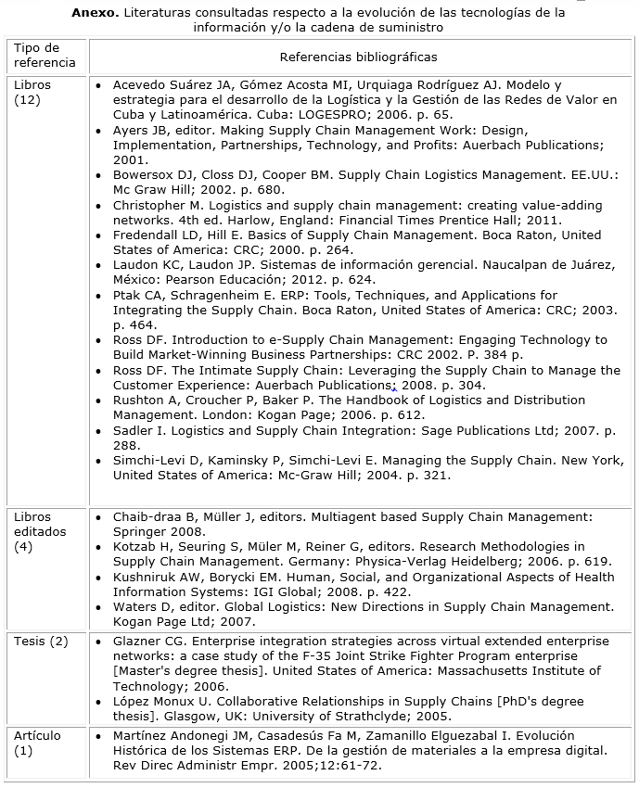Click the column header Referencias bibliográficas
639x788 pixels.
(357, 57)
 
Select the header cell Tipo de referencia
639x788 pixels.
(36, 56)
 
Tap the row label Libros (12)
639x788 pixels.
(33, 92)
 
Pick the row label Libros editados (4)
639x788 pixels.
(35, 531)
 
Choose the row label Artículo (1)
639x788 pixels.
(37, 743)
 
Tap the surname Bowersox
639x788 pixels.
(146, 175)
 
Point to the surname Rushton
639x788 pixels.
(139, 400)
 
